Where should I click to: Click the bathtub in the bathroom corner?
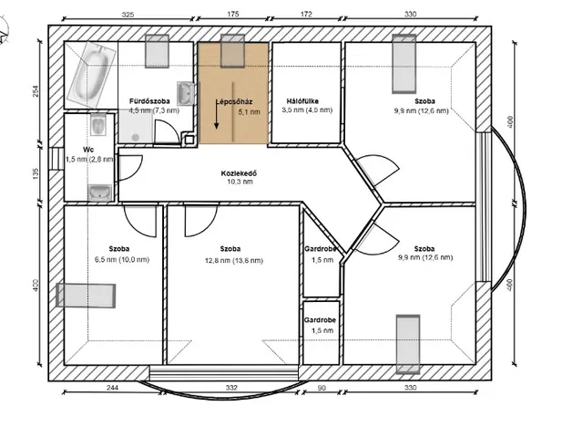tap(91, 75)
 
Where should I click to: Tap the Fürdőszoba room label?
tap(149, 101)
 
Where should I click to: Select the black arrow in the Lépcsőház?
tap(217, 117)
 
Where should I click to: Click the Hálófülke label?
tap(302, 101)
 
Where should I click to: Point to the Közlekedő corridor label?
tap(239, 173)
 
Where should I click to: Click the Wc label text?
tap(88, 150)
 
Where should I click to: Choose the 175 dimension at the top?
tap(233, 15)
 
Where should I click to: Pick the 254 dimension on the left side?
tap(36, 91)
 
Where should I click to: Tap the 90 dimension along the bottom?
tap(322, 388)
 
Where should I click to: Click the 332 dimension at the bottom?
tap(231, 388)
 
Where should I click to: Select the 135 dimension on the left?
tap(36, 173)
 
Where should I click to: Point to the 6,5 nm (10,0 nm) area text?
tap(122, 259)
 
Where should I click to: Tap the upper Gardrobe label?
tap(321, 249)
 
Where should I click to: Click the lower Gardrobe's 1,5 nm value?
tap(322, 330)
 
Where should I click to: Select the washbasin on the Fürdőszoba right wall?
tap(185, 93)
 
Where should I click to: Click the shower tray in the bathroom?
tap(136, 127)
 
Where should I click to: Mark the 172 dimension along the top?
tap(306, 15)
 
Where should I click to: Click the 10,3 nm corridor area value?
tap(240, 182)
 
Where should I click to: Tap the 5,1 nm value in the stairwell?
tap(249, 111)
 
